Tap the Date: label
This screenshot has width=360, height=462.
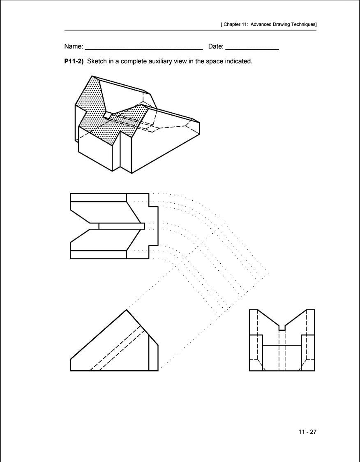[216, 46]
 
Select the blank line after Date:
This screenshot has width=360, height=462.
[252, 49]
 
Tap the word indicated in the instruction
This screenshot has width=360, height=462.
[237, 61]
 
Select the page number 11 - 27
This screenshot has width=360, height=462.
[307, 432]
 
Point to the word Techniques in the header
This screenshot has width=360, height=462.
[303, 25]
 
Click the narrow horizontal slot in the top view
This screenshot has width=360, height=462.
[122, 226]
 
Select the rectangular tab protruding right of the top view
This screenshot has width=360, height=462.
[153, 226]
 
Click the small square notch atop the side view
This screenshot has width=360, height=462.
[282, 328]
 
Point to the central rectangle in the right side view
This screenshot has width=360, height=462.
[282, 358]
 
